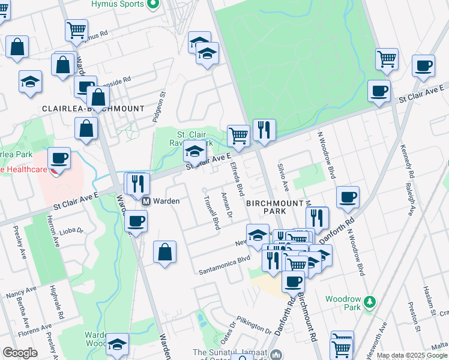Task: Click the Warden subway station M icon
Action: (145, 201)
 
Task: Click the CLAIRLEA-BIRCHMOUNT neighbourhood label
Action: (93, 109)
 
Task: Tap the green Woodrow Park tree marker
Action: (371, 300)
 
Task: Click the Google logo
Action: (20, 353)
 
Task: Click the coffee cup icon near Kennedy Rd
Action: (423, 65)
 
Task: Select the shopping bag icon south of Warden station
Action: (164, 252)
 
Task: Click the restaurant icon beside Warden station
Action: (139, 183)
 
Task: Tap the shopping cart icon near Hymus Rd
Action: (76, 30)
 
